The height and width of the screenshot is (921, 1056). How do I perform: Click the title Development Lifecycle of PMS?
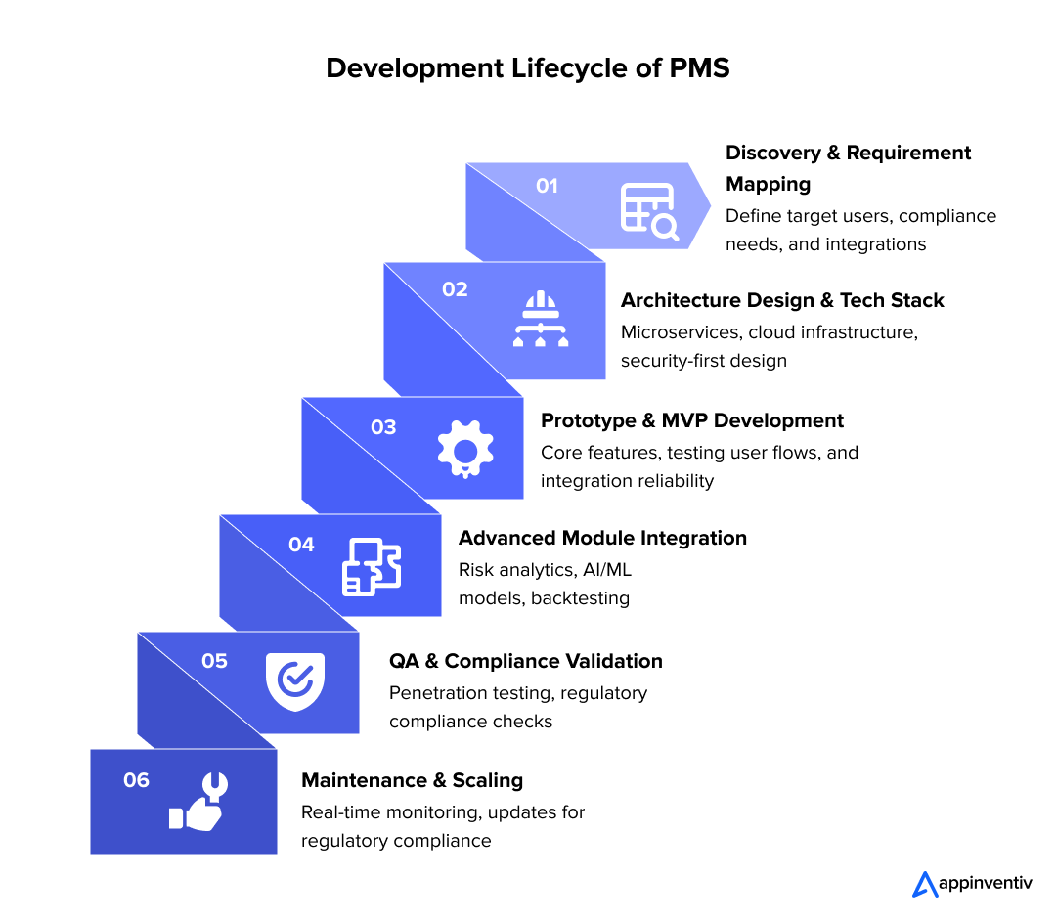(x=527, y=68)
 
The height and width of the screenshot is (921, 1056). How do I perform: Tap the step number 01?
(x=547, y=186)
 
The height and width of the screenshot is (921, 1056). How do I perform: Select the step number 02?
(x=455, y=289)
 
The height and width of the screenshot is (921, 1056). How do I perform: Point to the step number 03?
(x=383, y=427)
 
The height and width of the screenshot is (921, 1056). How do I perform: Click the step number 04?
(x=301, y=545)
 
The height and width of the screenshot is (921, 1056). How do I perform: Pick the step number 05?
(x=214, y=661)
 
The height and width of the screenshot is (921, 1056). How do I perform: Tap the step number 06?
(x=136, y=780)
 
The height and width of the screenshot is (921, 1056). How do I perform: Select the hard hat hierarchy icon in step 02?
(x=540, y=320)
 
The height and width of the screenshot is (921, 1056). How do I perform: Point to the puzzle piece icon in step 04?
(x=372, y=567)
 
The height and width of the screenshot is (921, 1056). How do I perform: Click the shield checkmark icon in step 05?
(x=294, y=680)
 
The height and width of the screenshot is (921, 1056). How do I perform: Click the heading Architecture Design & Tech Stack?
(x=782, y=300)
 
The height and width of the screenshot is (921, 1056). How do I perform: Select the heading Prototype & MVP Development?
(x=692, y=420)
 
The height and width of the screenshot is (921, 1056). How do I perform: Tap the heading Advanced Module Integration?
(x=602, y=538)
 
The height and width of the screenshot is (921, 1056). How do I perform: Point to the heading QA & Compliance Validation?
(x=526, y=661)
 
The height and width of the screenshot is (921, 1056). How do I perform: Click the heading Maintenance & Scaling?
(x=412, y=780)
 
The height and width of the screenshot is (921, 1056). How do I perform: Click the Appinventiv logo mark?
(x=924, y=884)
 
